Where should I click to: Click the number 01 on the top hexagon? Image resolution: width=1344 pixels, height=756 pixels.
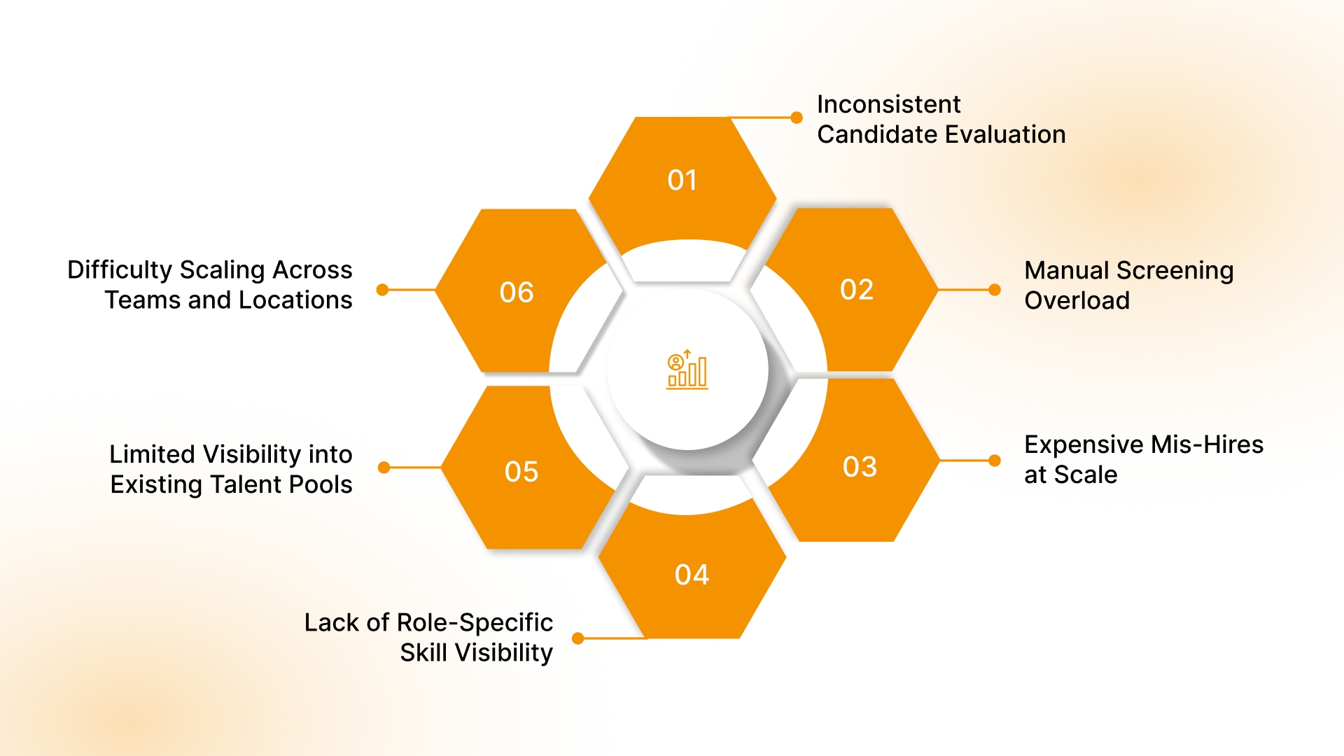(x=682, y=181)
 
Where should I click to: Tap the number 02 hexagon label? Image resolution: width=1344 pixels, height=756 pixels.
(x=857, y=290)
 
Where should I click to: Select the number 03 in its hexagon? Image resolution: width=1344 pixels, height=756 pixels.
(x=860, y=467)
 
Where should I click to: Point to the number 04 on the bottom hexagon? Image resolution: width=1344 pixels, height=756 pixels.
(x=692, y=575)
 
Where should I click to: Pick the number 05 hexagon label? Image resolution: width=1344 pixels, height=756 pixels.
(x=521, y=472)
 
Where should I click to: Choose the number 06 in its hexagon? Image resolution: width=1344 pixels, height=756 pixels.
(x=517, y=293)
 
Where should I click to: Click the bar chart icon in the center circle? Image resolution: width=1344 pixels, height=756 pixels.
(x=687, y=370)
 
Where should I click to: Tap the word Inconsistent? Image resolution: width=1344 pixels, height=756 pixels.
(x=888, y=104)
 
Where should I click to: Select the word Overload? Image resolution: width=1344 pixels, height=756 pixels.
(x=1077, y=300)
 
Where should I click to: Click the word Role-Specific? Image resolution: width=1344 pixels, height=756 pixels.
(x=475, y=622)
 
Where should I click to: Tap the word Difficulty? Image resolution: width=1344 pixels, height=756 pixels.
(x=120, y=270)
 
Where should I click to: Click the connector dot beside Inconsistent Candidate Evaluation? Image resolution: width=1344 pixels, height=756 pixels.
(x=797, y=118)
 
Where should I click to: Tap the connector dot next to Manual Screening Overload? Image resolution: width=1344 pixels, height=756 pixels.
(x=995, y=290)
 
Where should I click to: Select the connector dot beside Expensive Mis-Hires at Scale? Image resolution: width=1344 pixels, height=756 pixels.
(x=995, y=461)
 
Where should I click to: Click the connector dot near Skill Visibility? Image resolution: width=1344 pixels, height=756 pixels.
(x=578, y=638)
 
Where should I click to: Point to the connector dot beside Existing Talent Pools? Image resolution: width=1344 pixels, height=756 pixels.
(x=384, y=468)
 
